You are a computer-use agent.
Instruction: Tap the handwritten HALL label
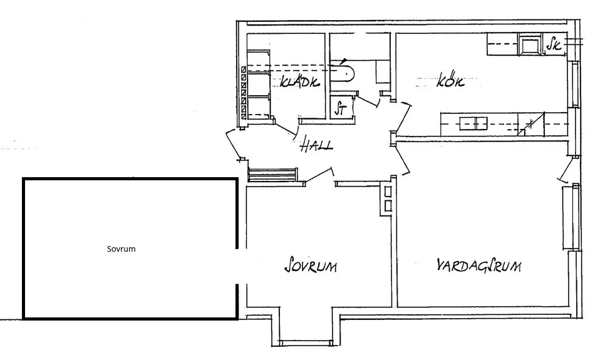click(316, 145)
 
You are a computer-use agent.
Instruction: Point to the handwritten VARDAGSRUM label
click(479, 266)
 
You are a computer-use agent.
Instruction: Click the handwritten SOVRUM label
click(311, 266)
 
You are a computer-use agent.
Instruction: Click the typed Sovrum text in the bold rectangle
click(121, 249)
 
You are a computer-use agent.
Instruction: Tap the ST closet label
click(341, 108)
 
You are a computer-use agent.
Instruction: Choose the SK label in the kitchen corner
click(552, 44)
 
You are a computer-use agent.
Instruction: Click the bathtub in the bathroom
click(344, 70)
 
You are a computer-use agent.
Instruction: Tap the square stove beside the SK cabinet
click(530, 44)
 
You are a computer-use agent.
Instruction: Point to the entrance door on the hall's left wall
click(234, 143)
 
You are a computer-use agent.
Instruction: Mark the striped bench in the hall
click(272, 173)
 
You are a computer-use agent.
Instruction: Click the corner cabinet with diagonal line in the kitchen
click(531, 124)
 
